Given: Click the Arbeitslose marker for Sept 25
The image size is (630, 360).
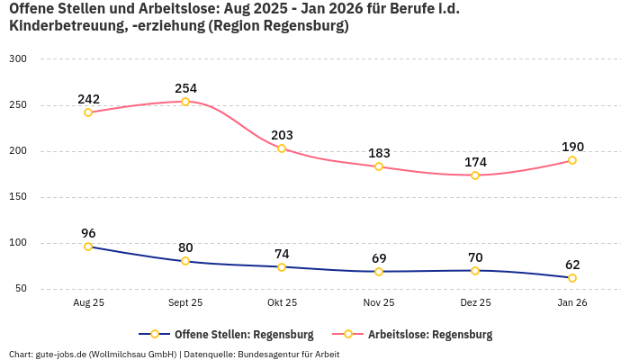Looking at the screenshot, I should click(185, 102).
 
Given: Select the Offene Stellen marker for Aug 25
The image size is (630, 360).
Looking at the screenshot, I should click(88, 247).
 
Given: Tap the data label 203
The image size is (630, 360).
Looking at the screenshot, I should click(282, 136).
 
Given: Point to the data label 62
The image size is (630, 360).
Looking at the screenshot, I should click(572, 265).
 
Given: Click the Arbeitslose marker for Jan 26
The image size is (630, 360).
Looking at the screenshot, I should click(572, 160).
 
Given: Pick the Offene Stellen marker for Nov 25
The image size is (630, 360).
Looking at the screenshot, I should click(379, 271).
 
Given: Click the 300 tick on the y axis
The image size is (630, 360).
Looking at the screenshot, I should click(18, 58).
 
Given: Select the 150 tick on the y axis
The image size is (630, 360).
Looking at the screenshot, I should click(18, 196).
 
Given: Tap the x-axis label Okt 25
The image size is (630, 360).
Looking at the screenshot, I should click(282, 303).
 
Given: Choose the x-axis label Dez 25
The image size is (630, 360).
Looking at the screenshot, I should click(475, 303).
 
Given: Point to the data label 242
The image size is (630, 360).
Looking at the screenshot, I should click(88, 99).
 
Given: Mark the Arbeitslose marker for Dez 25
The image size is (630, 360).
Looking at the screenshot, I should click(475, 175).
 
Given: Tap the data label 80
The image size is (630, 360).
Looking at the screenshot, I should click(185, 247).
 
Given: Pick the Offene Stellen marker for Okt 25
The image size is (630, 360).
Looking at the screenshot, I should click(282, 266).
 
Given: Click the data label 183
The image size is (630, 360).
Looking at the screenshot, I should click(379, 154).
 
